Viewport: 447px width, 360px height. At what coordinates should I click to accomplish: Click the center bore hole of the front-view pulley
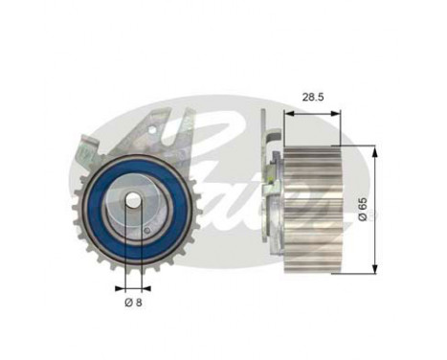click(x=132, y=201)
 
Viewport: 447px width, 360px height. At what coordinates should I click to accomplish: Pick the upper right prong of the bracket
click(x=188, y=120)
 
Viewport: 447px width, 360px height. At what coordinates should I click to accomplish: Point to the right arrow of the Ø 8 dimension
click(x=145, y=286)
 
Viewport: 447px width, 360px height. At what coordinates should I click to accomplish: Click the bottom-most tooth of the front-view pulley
click(x=132, y=270)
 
